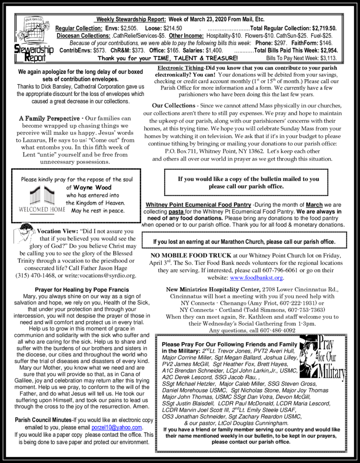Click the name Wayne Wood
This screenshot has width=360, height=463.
pyautogui.click(x=92, y=188)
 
